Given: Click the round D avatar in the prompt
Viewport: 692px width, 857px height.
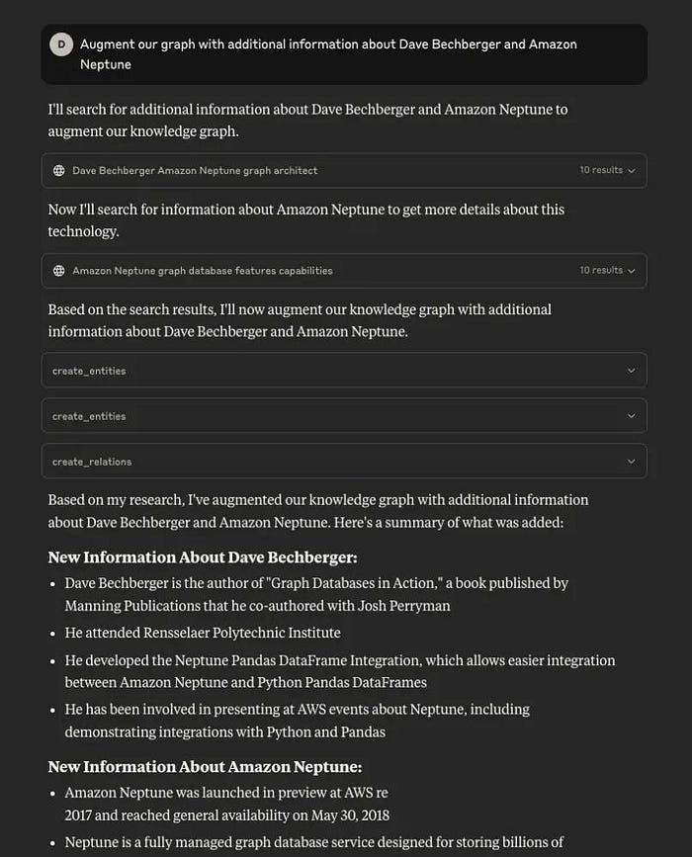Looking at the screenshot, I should click(61, 44).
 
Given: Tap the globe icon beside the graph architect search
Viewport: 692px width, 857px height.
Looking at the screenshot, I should click(59, 171).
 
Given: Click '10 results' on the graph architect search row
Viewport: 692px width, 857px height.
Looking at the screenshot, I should click(601, 170).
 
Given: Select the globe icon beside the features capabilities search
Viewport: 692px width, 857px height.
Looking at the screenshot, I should click(59, 271).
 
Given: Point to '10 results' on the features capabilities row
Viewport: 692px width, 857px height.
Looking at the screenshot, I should click(601, 270).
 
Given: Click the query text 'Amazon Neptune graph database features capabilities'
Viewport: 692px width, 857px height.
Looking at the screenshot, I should click(202, 271).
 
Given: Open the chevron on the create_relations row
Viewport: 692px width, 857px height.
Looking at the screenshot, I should click(631, 462).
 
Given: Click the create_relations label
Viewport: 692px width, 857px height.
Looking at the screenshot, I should click(92, 462).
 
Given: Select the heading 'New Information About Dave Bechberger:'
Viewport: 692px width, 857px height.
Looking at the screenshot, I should click(203, 557).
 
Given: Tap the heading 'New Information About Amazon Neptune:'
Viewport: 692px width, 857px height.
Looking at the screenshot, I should click(205, 767).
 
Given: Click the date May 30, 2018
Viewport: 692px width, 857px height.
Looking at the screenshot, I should click(350, 815).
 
